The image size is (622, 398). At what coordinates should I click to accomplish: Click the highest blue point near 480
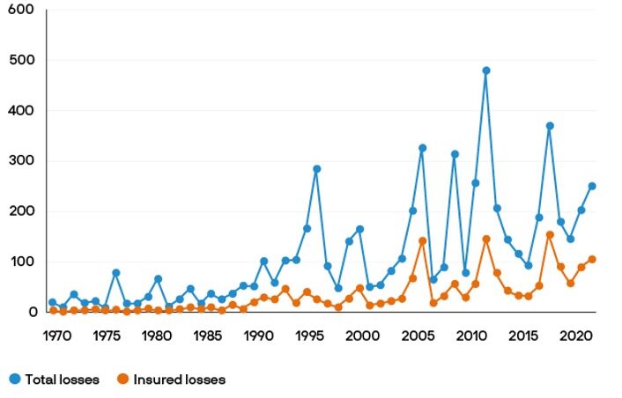click(485, 70)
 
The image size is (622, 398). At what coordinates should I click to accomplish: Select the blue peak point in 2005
click(422, 148)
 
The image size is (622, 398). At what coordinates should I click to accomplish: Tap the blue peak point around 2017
click(550, 126)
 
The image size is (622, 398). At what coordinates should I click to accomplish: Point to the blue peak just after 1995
click(317, 169)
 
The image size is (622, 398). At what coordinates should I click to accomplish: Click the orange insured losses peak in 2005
click(422, 240)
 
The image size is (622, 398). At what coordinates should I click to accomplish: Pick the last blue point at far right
click(592, 186)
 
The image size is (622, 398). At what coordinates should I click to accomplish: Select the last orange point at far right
click(592, 259)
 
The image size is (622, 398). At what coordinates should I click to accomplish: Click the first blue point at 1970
click(53, 302)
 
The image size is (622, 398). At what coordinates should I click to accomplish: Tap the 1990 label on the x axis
click(258, 335)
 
